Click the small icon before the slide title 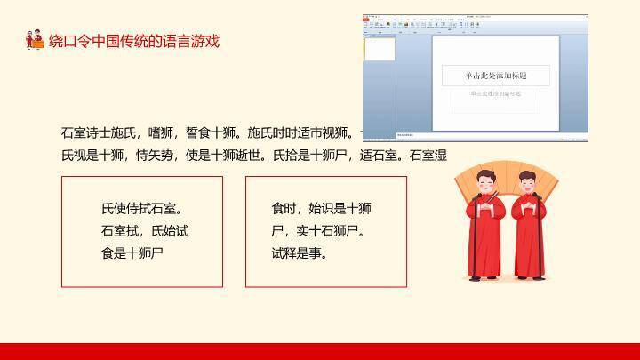pyautogui.click(x=35, y=41)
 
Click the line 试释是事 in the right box pyautogui.click(x=299, y=252)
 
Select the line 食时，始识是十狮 pyautogui.click(x=321, y=210)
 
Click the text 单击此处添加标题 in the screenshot pyautogui.click(x=495, y=76)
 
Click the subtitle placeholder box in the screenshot pyautogui.click(x=495, y=99)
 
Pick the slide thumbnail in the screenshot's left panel pyautogui.click(x=381, y=50)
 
